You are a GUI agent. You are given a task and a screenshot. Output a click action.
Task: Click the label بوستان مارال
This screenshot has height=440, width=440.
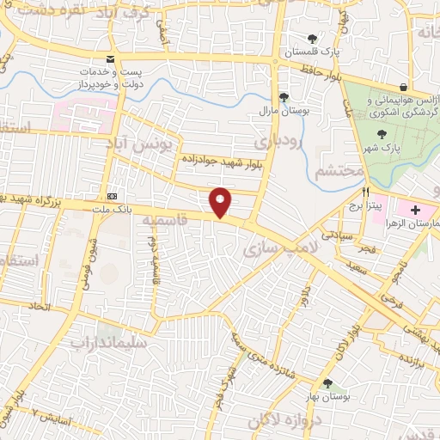[276, 111]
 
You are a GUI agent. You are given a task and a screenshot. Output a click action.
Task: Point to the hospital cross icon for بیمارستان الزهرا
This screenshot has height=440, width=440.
[415, 210]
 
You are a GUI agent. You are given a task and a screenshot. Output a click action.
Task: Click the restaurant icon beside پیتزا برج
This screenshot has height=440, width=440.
[366, 192]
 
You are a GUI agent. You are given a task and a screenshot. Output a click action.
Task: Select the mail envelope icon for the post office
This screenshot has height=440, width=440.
[110, 58]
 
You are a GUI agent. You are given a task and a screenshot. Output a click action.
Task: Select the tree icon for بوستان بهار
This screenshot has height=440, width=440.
[327, 383]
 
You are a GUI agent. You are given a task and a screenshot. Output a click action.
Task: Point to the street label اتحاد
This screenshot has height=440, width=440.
[38, 306]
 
